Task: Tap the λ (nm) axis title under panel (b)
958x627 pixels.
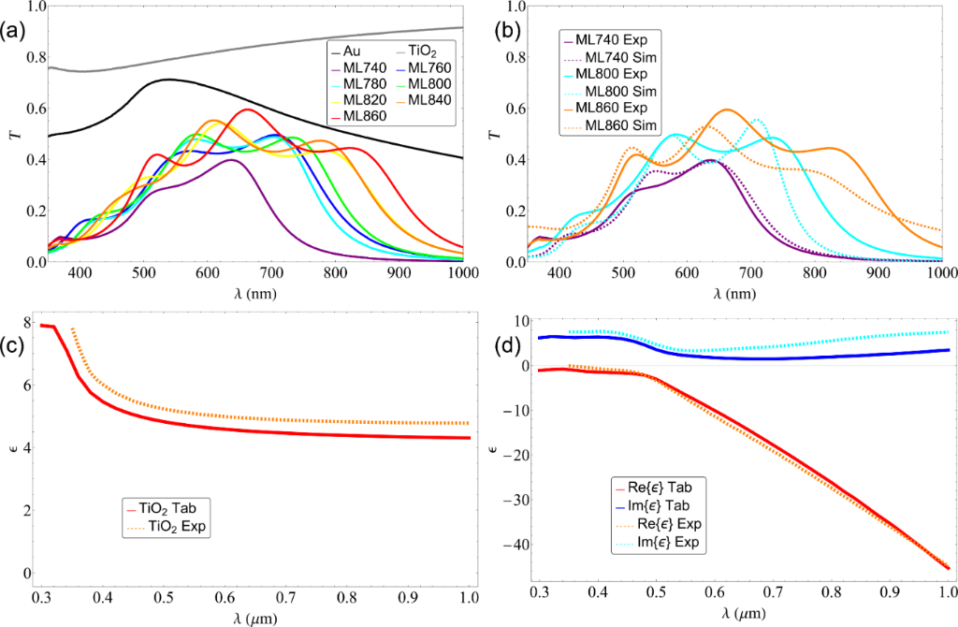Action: [x=730, y=293]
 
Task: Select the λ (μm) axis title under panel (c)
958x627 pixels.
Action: [x=254, y=614]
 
